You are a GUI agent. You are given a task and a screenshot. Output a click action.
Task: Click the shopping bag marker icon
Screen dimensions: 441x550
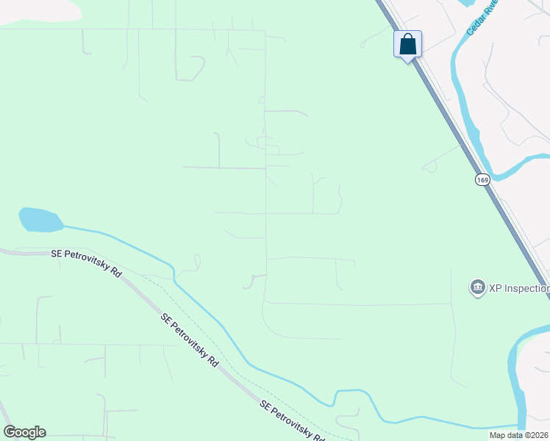coord(408,45)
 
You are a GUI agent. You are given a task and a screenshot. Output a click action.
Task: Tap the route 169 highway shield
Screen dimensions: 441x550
coord(482,179)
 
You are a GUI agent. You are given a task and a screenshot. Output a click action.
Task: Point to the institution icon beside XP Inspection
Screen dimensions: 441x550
coord(476,287)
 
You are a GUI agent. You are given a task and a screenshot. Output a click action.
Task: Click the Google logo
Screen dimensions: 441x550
coord(24,432)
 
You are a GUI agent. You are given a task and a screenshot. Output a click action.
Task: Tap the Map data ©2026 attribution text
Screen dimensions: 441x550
coord(519,435)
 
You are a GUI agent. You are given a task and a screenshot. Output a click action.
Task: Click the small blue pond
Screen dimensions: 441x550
coord(40,219)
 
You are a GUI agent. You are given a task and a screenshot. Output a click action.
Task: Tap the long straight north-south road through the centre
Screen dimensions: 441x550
coord(265,184)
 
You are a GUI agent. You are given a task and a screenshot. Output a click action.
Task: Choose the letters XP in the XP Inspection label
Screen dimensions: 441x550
coord(496,287)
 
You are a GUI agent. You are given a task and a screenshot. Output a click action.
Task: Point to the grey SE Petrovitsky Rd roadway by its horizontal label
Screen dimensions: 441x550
coord(22,252)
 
